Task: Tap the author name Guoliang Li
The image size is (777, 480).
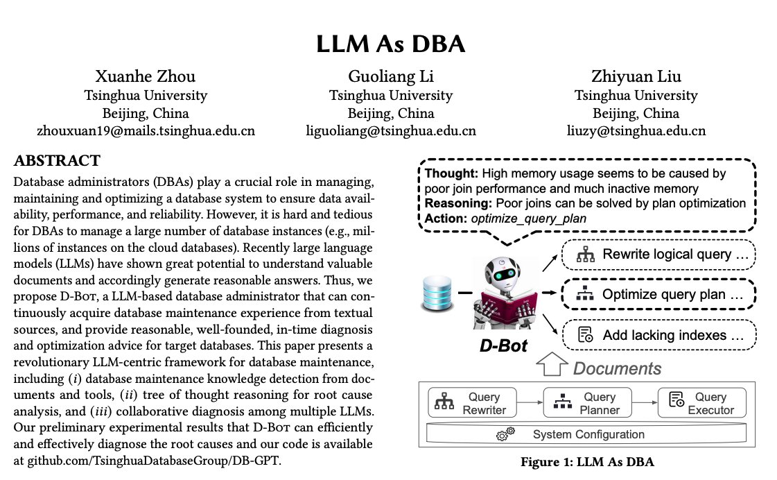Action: (390, 76)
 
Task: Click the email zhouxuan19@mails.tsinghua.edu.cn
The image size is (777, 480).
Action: (146, 130)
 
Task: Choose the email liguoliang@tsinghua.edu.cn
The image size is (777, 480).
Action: (391, 130)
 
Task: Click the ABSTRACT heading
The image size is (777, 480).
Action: (57, 162)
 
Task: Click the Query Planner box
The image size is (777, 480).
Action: (583, 403)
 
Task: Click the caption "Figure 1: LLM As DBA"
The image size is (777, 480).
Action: (588, 461)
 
